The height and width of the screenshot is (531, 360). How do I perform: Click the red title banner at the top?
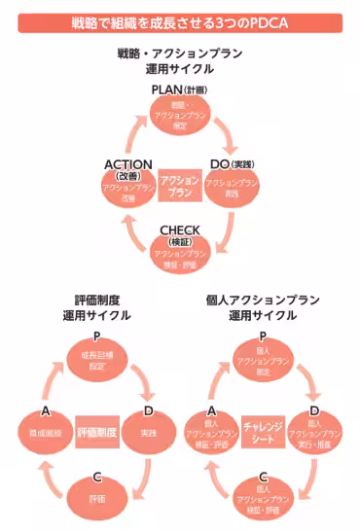(x=180, y=21)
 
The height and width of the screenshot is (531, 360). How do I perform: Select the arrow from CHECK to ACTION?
(x=129, y=235)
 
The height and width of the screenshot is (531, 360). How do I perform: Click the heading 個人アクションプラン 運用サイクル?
(x=262, y=308)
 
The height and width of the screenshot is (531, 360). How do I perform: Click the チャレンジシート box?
(x=263, y=429)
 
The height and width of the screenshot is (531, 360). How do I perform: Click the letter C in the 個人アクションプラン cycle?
(x=263, y=477)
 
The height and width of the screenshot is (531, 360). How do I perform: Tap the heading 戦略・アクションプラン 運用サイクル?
(x=180, y=61)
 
